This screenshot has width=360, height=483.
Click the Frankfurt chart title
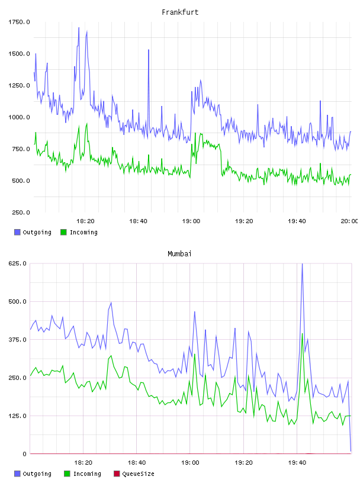(180, 12)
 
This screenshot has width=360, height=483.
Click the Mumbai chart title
(179, 254)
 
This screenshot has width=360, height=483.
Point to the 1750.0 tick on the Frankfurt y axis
(19, 22)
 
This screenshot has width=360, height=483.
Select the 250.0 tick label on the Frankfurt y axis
(21, 212)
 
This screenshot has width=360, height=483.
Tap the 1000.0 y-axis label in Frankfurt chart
(19, 117)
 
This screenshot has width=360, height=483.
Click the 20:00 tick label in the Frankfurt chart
(349, 221)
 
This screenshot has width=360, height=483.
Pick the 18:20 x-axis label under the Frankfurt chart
(85, 221)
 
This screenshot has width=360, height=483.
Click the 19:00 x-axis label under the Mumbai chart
(190, 463)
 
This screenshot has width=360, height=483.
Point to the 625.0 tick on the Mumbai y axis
(17, 263)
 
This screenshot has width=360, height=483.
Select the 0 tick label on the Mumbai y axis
(24, 454)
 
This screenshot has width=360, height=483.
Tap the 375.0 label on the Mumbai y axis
(17, 340)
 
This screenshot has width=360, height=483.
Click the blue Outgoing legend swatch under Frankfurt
(17, 232)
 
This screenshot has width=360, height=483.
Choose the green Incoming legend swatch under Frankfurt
(63, 232)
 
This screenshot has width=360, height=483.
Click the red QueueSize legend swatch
(117, 474)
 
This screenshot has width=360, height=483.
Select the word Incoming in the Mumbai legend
(87, 474)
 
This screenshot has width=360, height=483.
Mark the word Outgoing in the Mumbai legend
(37, 474)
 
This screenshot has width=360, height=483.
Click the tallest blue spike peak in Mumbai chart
(302, 263)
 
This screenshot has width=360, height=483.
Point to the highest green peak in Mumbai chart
(303, 334)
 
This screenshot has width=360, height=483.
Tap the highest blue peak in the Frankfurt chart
(79, 28)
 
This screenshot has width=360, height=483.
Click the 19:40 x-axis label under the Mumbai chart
(297, 463)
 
